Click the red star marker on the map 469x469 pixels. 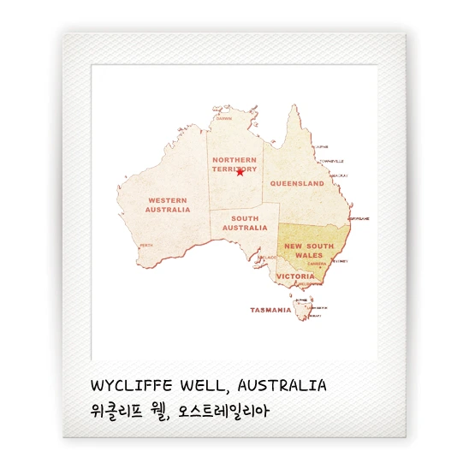click(240, 172)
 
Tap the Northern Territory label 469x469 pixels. click(234, 164)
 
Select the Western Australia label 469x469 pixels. click(168, 205)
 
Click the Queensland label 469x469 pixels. click(297, 184)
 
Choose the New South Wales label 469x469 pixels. click(309, 250)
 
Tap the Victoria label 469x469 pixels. click(295, 276)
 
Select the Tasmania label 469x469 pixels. click(270, 310)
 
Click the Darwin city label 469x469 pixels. click(223, 119)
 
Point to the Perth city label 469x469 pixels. click(146, 246)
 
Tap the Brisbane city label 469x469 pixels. click(360, 218)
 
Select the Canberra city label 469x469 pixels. click(320, 264)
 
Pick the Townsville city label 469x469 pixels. click(332, 161)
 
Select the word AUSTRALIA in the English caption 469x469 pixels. click(282, 385)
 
